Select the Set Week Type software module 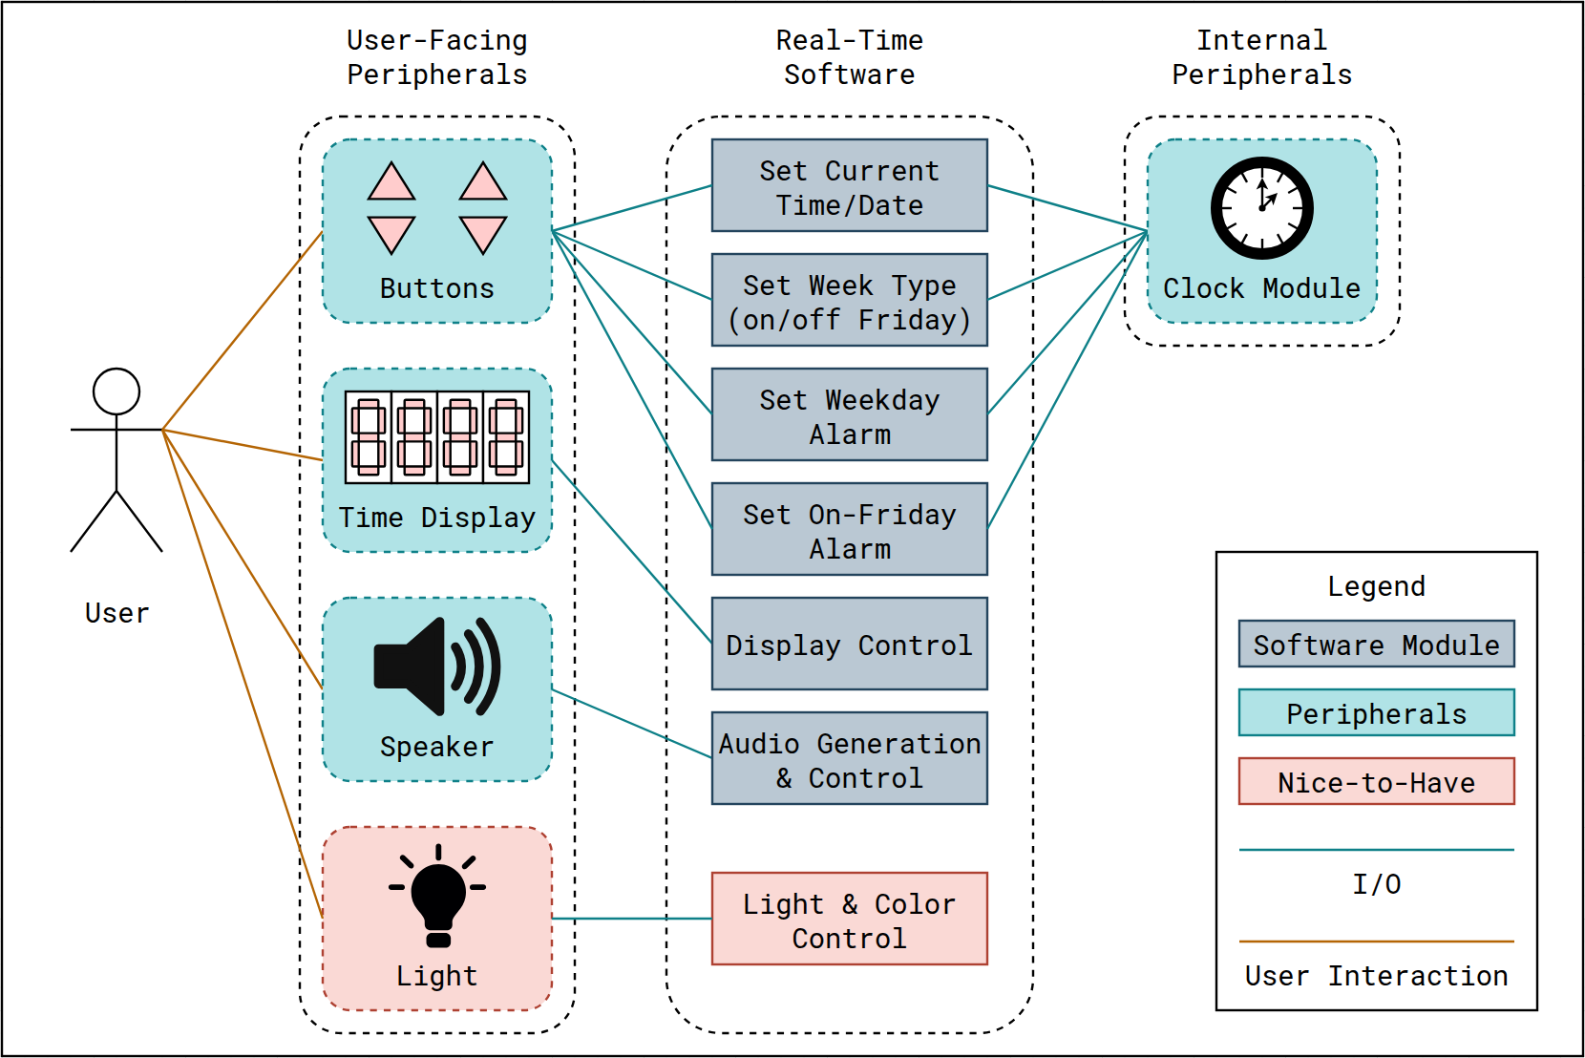click(849, 300)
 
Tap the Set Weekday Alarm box click(849, 414)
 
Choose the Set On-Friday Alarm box click(849, 529)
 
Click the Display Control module click(849, 644)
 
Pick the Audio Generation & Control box click(849, 758)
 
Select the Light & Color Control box click(849, 919)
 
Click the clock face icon click(1261, 208)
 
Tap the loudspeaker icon click(436, 667)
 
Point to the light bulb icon click(437, 896)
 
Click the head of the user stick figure click(116, 391)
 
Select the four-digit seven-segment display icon click(436, 437)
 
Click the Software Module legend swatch click(1376, 644)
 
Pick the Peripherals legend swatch click(1376, 712)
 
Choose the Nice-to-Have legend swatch click(1376, 781)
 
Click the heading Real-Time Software click(849, 57)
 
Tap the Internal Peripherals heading click(1261, 57)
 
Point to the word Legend click(1376, 586)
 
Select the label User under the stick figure click(116, 613)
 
